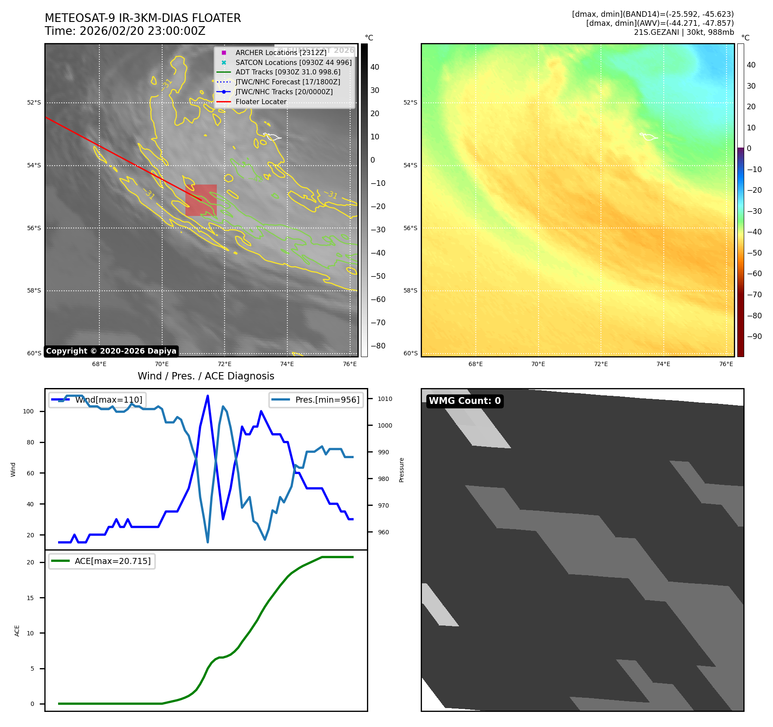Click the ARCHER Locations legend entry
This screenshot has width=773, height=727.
tap(281, 52)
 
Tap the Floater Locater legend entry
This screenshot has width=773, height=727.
tap(261, 102)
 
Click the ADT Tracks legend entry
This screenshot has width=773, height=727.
tap(288, 72)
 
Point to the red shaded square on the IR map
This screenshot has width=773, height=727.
tap(201, 200)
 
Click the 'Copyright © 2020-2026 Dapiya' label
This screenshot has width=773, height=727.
tap(111, 351)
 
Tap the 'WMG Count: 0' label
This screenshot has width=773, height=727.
tap(465, 401)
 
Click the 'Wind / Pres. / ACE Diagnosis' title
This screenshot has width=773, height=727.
tap(206, 376)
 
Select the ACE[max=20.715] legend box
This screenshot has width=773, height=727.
tap(102, 561)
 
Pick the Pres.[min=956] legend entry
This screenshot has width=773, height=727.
tap(316, 400)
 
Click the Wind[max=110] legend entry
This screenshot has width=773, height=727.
tap(97, 400)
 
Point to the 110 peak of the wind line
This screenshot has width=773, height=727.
tap(208, 396)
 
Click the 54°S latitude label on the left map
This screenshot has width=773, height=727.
tap(34, 166)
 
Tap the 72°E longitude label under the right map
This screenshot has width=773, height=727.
tap(601, 364)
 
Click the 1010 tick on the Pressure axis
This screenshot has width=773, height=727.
tap(385, 399)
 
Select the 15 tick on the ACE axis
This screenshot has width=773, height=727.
tap(30, 598)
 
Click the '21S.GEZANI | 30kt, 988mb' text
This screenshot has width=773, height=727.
tap(684, 32)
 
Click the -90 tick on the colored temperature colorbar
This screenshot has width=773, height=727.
tap(754, 336)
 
